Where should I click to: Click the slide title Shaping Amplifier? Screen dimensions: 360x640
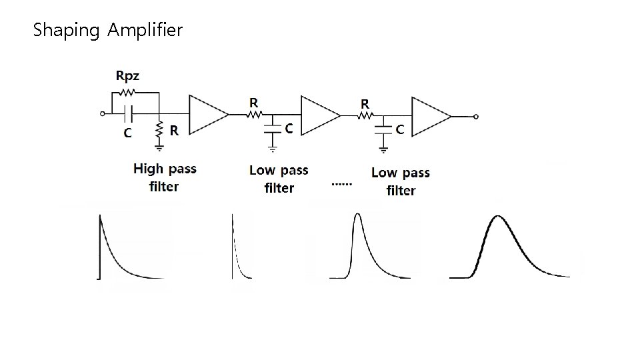(107, 30)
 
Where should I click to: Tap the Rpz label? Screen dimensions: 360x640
(127, 75)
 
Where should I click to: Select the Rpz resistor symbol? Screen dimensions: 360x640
(128, 93)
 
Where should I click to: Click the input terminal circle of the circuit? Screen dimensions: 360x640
(102, 114)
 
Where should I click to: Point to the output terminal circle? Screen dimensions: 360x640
(475, 117)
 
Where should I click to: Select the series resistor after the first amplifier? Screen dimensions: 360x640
(255, 114)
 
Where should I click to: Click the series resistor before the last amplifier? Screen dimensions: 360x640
(366, 115)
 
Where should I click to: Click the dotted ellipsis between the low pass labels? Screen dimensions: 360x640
(340, 183)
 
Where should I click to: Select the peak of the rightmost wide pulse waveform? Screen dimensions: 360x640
(497, 217)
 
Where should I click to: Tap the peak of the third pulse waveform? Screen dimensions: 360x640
(358, 215)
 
